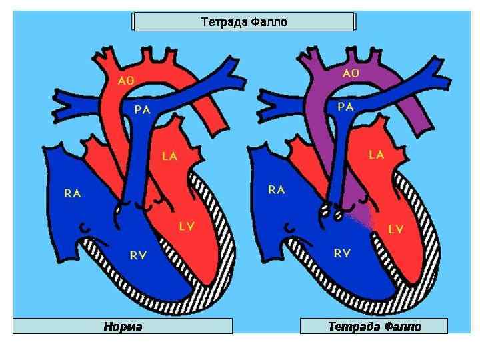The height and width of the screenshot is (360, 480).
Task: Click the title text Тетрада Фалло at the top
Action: coord(244,22)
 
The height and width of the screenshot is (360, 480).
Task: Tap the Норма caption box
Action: coord(123,327)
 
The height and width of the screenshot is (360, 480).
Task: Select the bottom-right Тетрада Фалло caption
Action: coord(375,327)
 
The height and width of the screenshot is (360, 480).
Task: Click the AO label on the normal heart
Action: coord(126,81)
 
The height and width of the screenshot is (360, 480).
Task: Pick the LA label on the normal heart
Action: coord(170,157)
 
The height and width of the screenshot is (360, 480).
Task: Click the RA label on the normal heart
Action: coord(73,193)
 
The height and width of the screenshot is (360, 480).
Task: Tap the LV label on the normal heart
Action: coord(187,226)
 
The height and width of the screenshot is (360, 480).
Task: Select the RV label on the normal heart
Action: coord(139,255)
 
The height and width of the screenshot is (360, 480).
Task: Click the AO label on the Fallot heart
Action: coord(351,73)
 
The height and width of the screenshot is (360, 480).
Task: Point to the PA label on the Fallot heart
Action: coord(345,106)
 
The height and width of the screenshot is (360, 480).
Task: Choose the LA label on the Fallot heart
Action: coord(376,155)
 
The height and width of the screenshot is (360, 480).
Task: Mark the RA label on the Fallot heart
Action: coord(276,190)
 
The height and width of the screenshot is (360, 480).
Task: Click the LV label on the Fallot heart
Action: coord(395,229)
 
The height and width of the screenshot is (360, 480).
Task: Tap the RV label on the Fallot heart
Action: coord(342,253)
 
